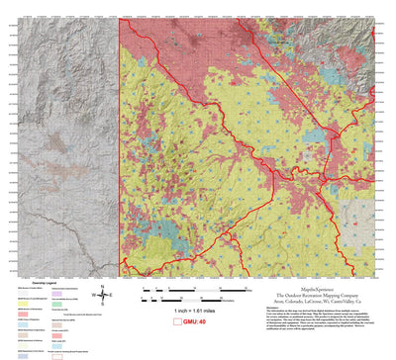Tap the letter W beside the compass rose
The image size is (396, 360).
[x=92, y=295]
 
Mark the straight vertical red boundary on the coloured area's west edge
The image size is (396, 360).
[x=120, y=148]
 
